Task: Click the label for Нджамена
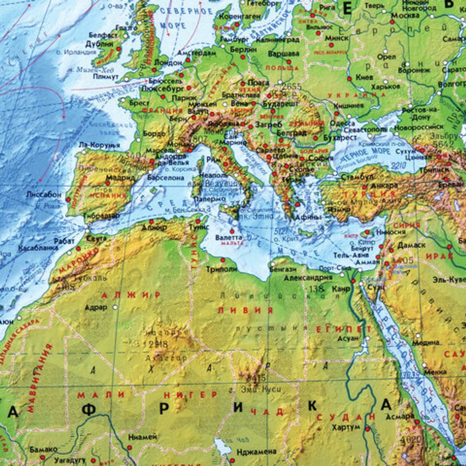coord(256,452)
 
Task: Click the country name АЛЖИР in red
coord(132,295)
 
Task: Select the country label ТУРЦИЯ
coord(353,193)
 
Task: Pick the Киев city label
coord(364,77)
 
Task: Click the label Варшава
coord(284,54)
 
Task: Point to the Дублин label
coord(97,44)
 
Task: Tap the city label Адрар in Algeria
coord(96,308)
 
